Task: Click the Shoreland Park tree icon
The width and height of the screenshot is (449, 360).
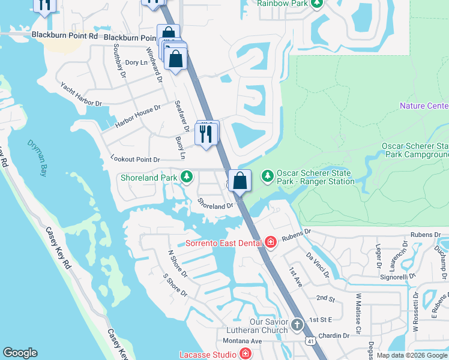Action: click(187, 177)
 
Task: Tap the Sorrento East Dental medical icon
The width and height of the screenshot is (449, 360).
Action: click(271, 242)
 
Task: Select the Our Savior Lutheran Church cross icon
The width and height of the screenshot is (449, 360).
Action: click(297, 325)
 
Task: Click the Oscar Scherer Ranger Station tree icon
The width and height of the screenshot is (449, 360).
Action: click(267, 176)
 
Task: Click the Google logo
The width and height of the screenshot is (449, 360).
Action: click(20, 353)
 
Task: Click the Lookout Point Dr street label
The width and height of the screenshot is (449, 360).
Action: click(136, 160)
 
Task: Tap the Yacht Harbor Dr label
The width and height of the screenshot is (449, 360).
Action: click(81, 95)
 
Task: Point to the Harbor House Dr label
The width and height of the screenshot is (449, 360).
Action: click(138, 117)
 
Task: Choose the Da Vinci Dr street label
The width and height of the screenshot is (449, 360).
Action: click(317, 264)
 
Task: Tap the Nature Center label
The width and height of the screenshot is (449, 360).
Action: click(424, 106)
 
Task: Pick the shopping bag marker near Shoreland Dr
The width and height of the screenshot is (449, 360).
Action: click(240, 181)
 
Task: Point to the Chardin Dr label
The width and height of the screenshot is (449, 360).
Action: click(334, 335)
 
